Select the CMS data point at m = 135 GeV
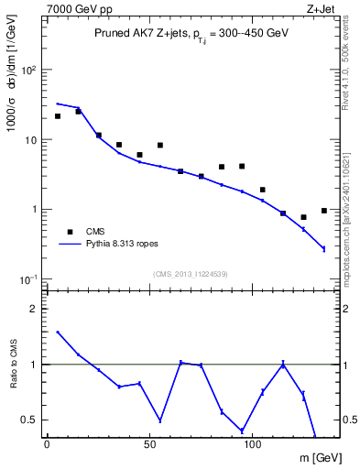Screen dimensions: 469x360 click(x=324, y=211)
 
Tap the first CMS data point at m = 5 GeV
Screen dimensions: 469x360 click(x=58, y=116)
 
